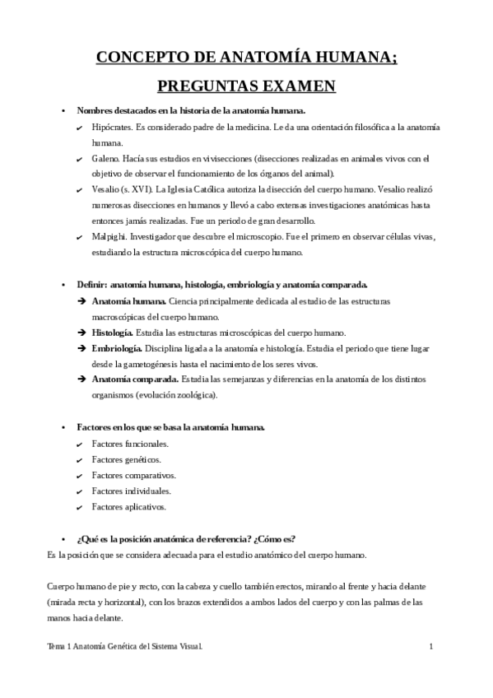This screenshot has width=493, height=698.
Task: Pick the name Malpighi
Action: point(109,236)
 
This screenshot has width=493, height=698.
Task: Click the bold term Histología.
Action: point(112,333)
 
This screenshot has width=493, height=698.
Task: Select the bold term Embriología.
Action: point(115,348)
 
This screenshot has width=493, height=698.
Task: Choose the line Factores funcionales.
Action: point(130,444)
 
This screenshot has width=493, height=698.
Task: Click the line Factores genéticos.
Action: point(126,459)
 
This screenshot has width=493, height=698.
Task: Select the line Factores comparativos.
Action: point(133,475)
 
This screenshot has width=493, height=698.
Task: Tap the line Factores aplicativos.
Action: point(128,506)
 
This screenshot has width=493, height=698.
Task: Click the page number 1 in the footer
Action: point(431,648)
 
